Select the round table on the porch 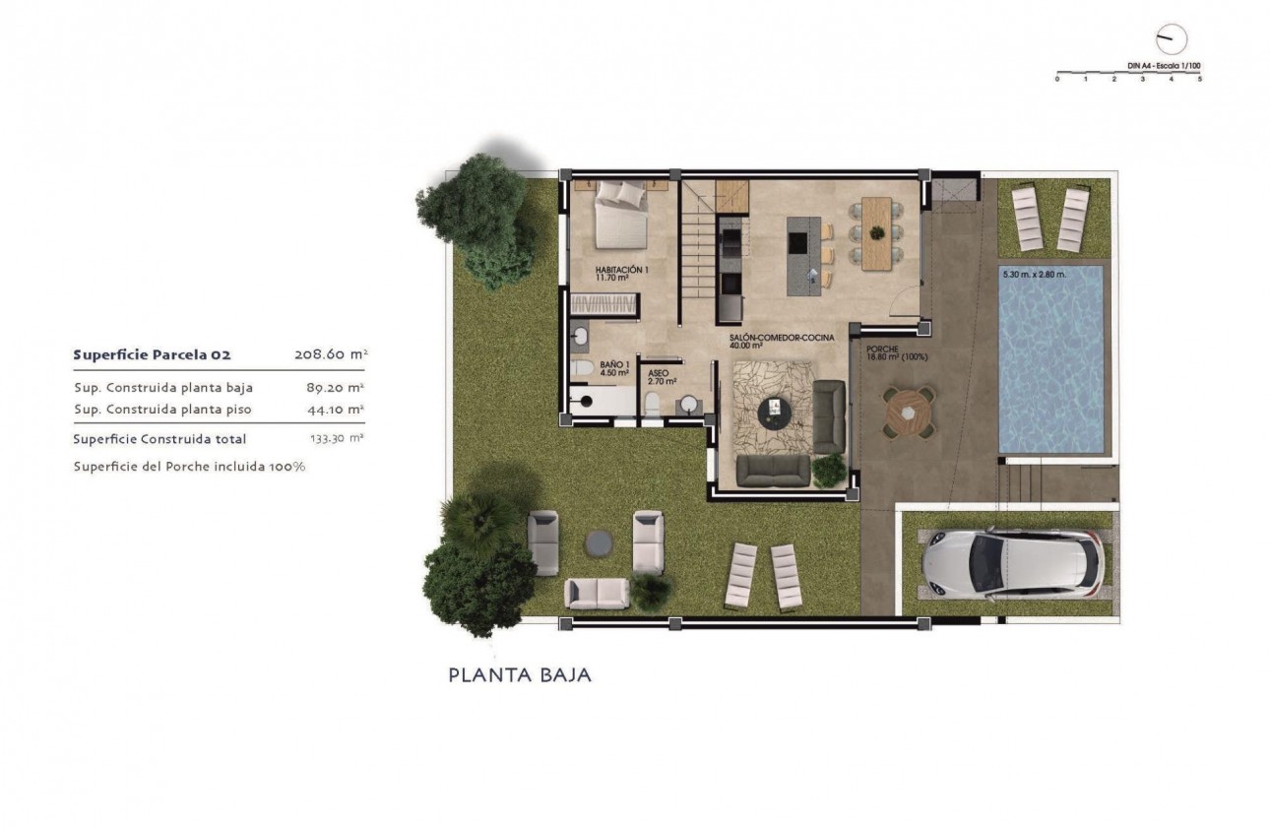[907, 414]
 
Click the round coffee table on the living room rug [777, 409]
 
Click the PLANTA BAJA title [520, 675]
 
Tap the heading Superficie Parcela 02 [152, 354]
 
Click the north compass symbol [1172, 39]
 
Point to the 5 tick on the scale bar [1200, 78]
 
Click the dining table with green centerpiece [876, 232]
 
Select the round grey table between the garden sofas [597, 541]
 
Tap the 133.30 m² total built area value [331, 439]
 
